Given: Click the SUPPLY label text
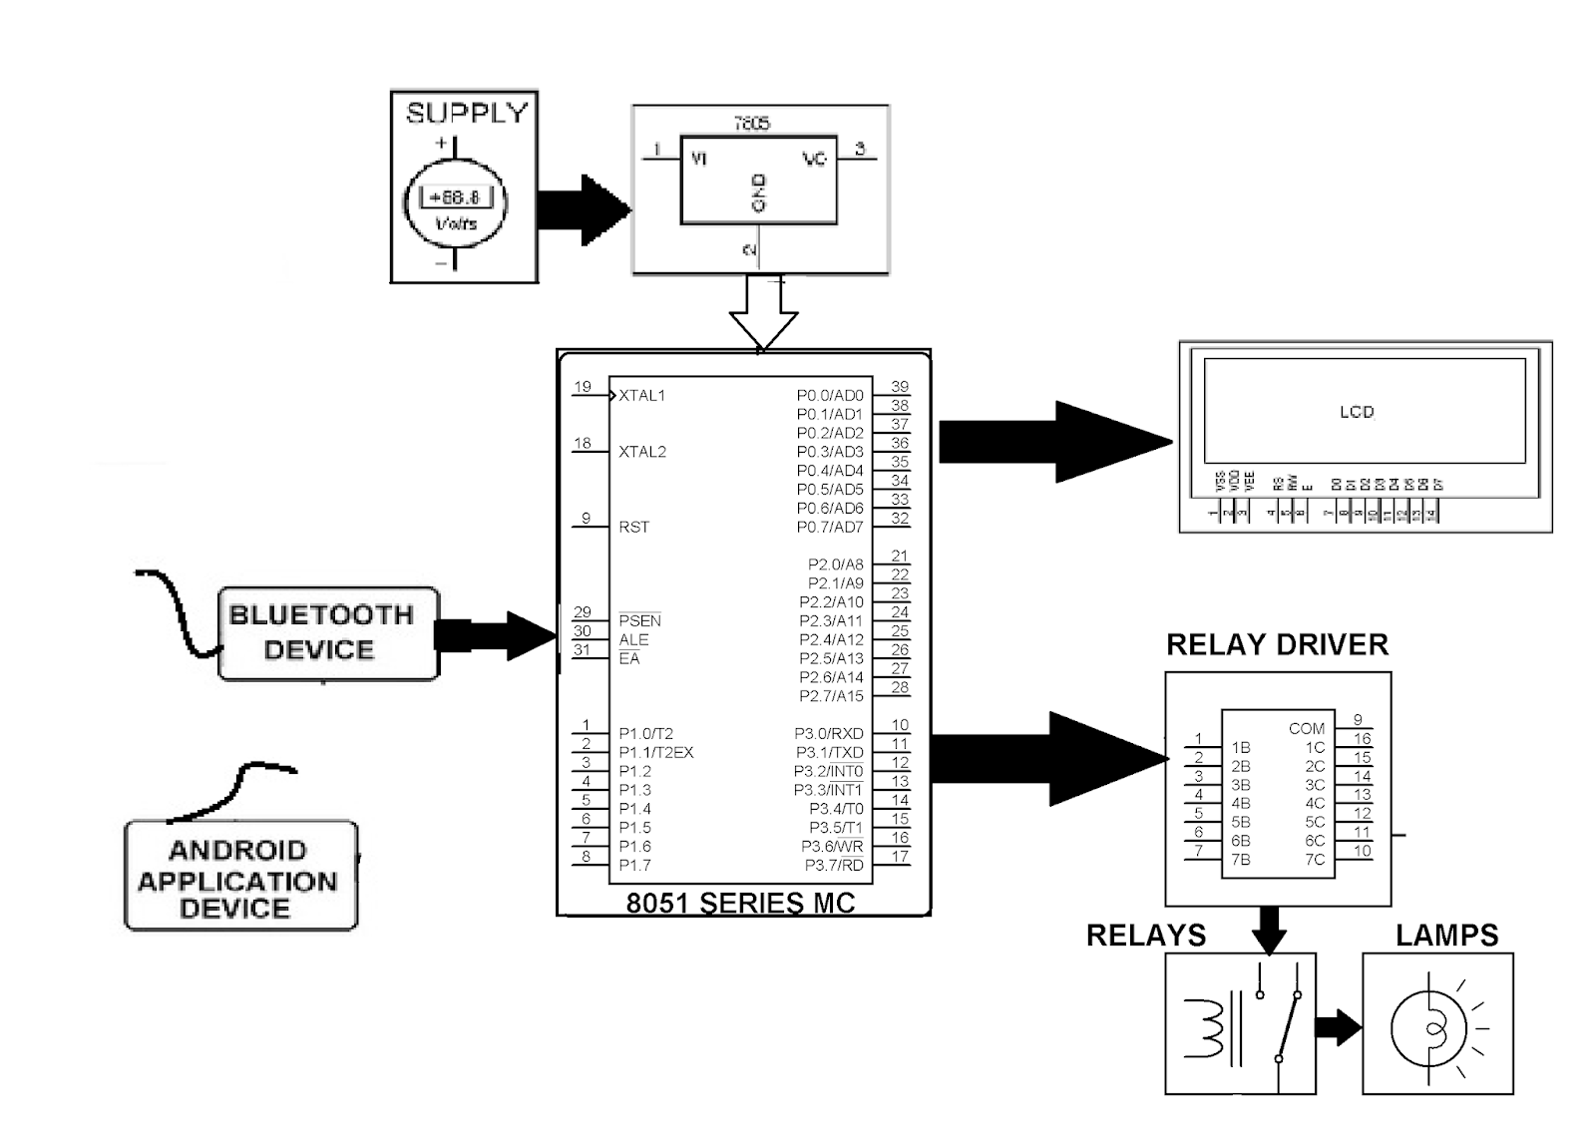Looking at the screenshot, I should pyautogui.click(x=466, y=113).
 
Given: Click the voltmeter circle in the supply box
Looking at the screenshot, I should pyautogui.click(x=455, y=204).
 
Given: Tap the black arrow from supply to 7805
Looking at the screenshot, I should pyautogui.click(x=584, y=209).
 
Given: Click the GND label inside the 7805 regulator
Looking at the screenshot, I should pyautogui.click(x=758, y=192).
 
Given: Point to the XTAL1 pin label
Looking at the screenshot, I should pyautogui.click(x=641, y=396).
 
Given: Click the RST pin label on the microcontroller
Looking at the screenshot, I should pyautogui.click(x=633, y=527).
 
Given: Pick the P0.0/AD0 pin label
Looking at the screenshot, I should pyautogui.click(x=830, y=396).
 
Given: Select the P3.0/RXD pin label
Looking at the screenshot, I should pyautogui.click(x=829, y=734).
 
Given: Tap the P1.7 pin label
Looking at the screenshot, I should pyautogui.click(x=634, y=865).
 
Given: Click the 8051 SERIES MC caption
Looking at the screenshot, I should pyautogui.click(x=740, y=903).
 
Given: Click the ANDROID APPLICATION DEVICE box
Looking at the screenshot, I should pyautogui.click(x=240, y=876).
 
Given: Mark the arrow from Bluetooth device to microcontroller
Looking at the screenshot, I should pyautogui.click(x=497, y=635).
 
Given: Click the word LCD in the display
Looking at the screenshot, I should pyautogui.click(x=1357, y=412).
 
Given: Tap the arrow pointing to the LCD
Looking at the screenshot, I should pyautogui.click(x=1055, y=442).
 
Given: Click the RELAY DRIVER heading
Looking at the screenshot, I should pyautogui.click(x=1277, y=645).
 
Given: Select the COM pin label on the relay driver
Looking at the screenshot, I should pyautogui.click(x=1307, y=729).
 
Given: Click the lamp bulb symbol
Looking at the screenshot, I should pyautogui.click(x=1429, y=1027).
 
